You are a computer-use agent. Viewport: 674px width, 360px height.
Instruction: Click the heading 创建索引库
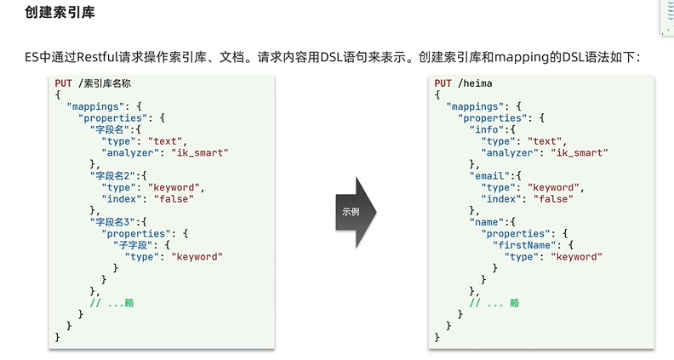point(60,14)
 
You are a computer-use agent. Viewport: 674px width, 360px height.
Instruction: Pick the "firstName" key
point(526,244)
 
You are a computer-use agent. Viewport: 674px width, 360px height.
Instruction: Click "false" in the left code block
point(171,198)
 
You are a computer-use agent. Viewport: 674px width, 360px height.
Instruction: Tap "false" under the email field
point(550,198)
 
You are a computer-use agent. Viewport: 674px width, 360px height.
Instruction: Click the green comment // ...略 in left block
point(117,302)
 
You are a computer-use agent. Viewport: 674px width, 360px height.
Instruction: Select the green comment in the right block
point(495,302)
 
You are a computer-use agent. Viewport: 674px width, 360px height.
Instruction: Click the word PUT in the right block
point(443,83)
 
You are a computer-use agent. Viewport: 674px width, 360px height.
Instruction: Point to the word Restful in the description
point(103,57)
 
